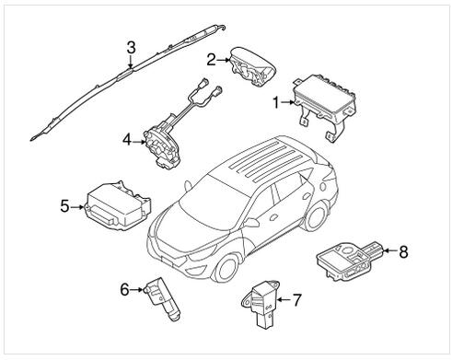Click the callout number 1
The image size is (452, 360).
click(x=276, y=102)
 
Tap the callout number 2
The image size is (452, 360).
click(x=211, y=60)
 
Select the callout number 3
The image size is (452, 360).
click(x=131, y=48)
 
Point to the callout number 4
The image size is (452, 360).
click(x=127, y=141)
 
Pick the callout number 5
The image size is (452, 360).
click(x=64, y=206)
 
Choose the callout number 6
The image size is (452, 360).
click(x=124, y=289)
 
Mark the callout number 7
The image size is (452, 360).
click(x=296, y=299)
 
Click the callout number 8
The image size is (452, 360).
click(x=403, y=251)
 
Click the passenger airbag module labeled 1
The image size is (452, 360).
click(x=324, y=106)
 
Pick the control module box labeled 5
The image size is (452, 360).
click(x=117, y=205)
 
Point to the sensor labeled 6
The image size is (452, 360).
click(x=161, y=298)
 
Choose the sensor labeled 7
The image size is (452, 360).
click(x=261, y=303)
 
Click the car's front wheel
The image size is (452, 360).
click(x=226, y=268)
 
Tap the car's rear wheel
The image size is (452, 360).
click(x=316, y=216)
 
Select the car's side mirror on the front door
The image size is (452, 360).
click(x=251, y=223)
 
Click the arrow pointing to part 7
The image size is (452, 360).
click(x=284, y=300)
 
